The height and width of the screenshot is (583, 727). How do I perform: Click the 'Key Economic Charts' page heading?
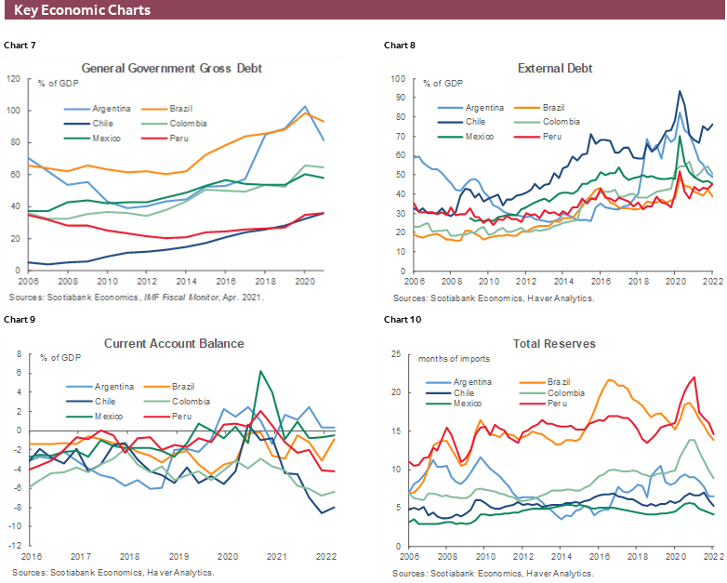[83, 10]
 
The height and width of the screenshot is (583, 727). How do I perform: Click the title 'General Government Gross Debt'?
[172, 68]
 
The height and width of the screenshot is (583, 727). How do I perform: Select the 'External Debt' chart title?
[555, 68]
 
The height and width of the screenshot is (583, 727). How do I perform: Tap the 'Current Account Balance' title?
[174, 343]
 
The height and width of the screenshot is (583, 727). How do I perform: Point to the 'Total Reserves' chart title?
[555, 343]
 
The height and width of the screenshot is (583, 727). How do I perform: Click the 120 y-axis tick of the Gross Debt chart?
[14, 78]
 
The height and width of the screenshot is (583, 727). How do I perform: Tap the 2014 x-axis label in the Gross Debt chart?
[186, 282]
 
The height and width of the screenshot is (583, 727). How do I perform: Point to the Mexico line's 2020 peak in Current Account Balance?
[261, 371]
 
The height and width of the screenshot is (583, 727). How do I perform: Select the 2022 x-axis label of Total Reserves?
[712, 557]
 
